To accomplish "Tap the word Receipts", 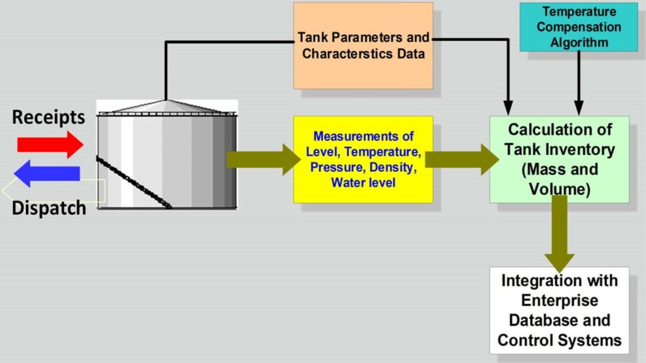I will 48,117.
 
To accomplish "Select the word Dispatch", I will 49,208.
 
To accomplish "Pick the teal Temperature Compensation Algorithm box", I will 578,27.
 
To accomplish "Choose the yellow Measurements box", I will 363,159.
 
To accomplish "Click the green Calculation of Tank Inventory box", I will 560,159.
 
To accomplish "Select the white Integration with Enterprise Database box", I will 559,310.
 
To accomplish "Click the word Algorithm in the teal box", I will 579,43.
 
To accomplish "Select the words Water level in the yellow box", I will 363,183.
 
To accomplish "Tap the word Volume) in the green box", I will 560,188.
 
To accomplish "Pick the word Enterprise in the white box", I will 560,301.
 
